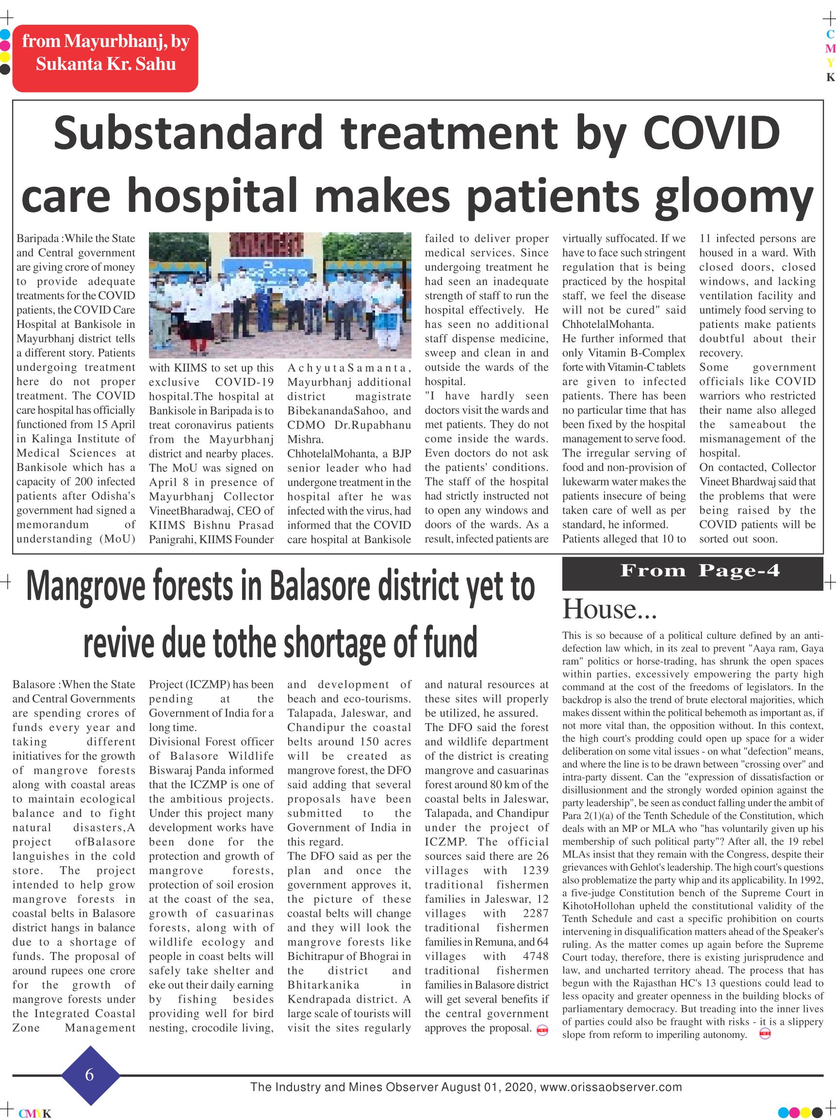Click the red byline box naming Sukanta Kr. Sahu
105,58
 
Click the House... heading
609,609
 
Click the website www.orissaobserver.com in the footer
611,1087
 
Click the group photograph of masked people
280,295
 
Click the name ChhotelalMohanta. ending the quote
608,325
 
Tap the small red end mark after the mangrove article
542,1029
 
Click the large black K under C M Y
830,78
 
